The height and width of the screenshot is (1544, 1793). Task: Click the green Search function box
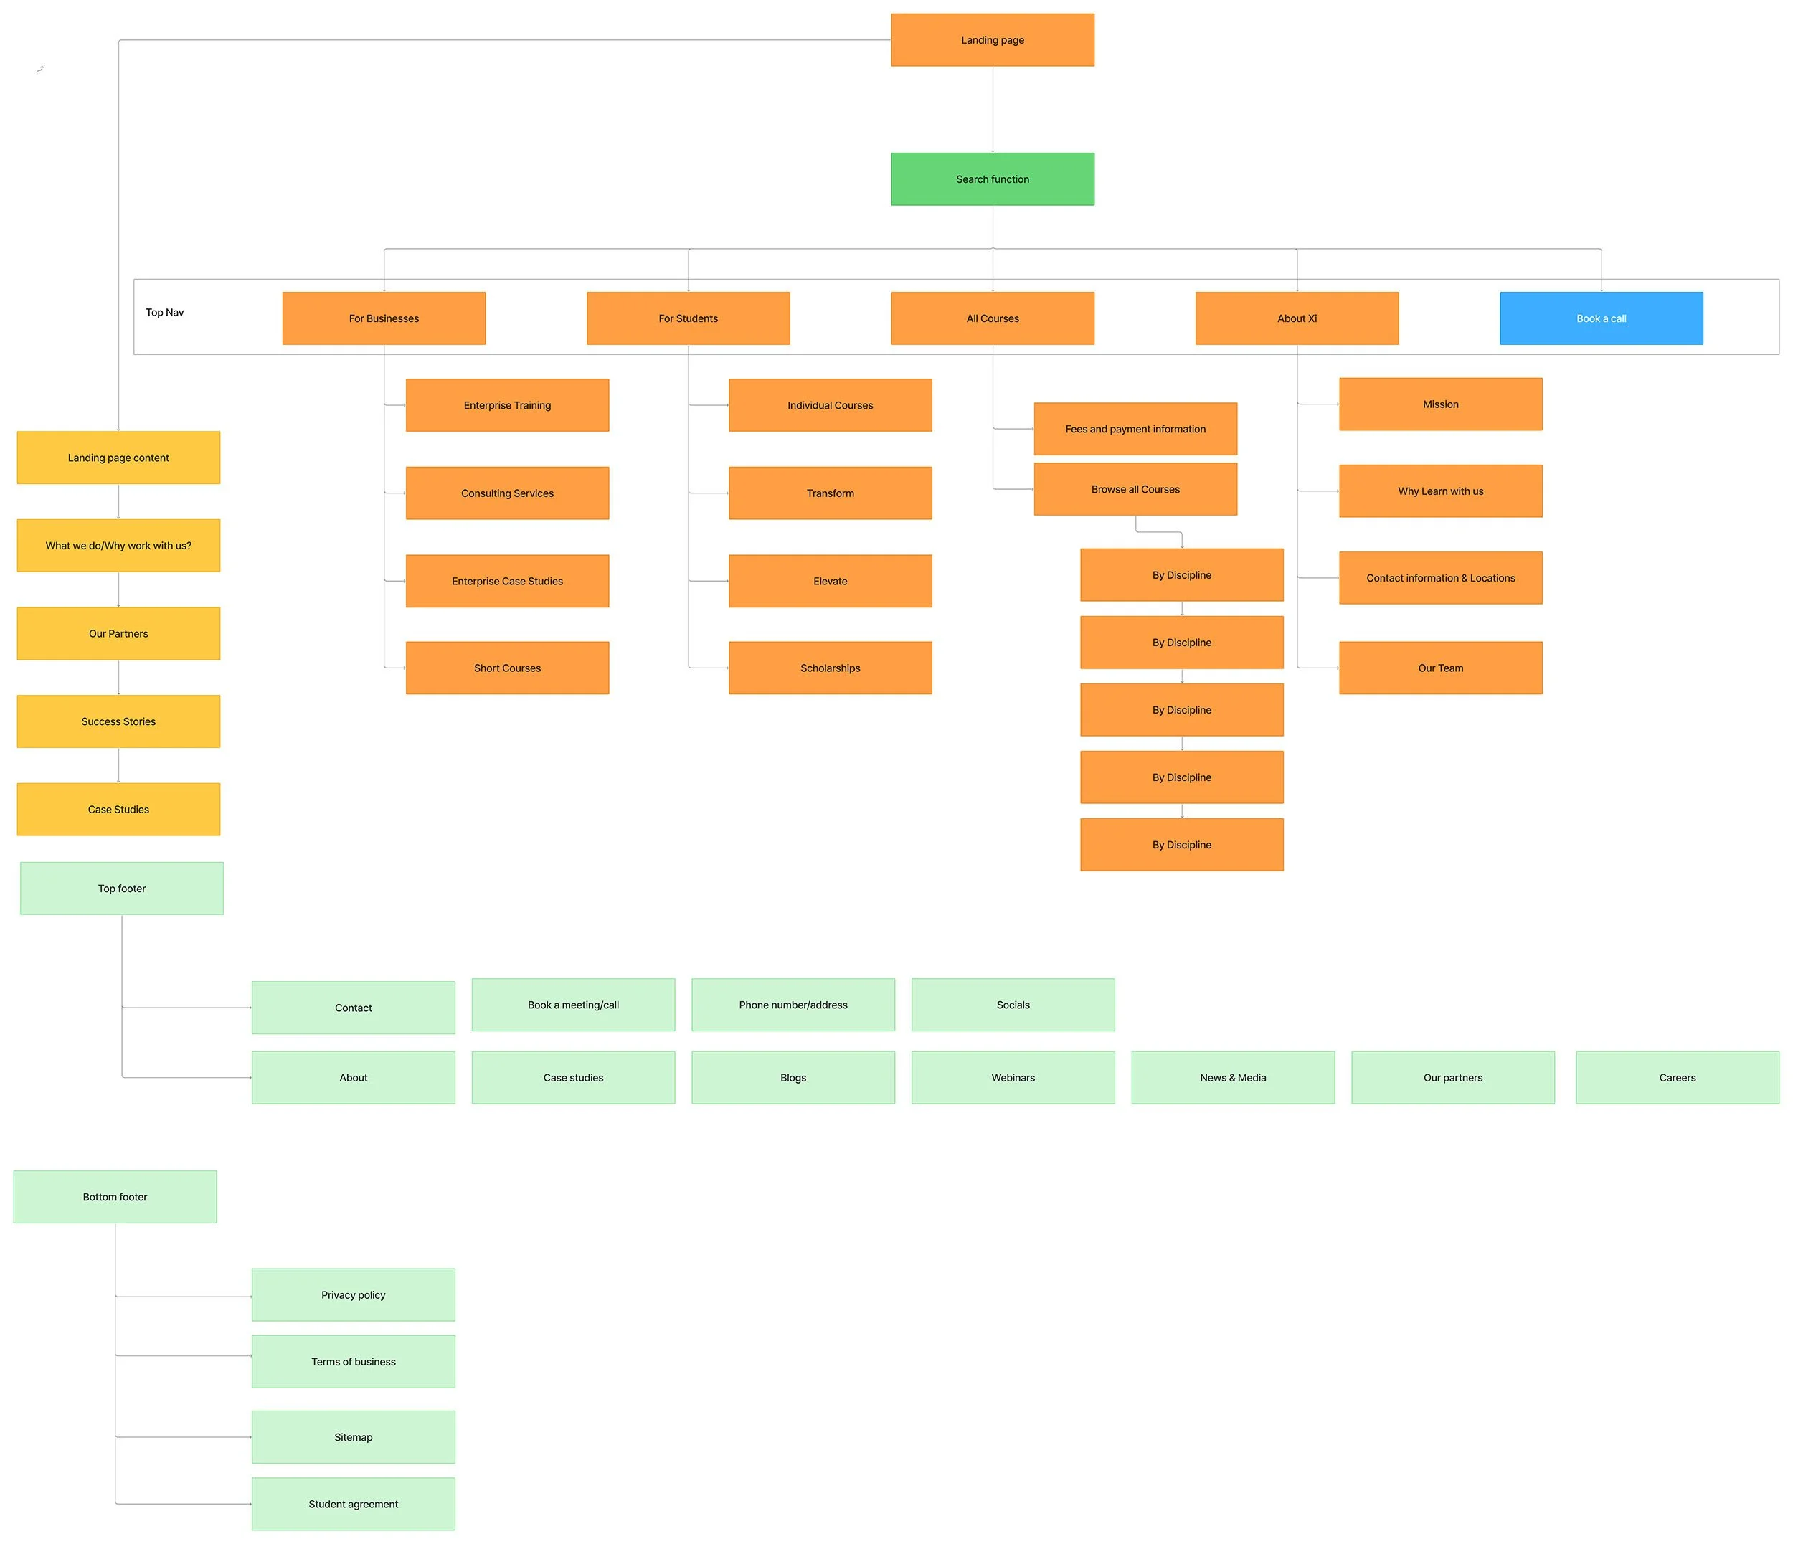point(993,179)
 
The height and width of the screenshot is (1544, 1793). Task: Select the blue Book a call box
point(1601,318)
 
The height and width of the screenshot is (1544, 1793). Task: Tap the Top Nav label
point(164,313)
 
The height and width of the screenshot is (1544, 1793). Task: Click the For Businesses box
point(384,318)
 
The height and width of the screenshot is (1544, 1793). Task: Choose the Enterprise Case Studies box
point(507,581)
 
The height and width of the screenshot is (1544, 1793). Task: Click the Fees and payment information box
point(1135,428)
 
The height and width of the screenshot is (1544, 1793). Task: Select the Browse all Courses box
point(1135,489)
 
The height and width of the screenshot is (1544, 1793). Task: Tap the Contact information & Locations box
point(1441,577)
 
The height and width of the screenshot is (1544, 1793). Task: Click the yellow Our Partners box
point(118,633)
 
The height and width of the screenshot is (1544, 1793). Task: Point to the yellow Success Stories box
point(118,721)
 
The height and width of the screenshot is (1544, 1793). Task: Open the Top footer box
point(122,888)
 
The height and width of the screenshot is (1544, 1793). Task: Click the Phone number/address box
point(793,1005)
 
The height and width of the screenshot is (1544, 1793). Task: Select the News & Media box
point(1233,1078)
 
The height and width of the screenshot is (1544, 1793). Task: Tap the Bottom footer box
point(115,1197)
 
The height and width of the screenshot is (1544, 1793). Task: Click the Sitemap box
point(353,1436)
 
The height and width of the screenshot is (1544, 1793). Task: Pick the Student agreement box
point(353,1504)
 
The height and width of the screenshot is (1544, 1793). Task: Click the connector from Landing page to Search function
point(993,110)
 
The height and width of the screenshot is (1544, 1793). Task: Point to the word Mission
point(1441,404)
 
